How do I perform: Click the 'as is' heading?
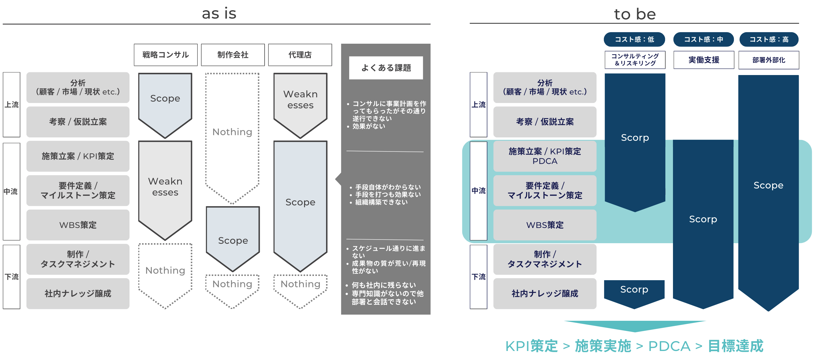(x=219, y=14)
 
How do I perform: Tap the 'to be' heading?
(x=635, y=14)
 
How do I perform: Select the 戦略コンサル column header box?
(x=166, y=55)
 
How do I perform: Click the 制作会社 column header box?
(x=233, y=55)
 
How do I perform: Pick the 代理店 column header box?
(x=300, y=55)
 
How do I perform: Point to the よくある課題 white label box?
(x=386, y=68)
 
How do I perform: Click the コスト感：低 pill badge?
(x=634, y=39)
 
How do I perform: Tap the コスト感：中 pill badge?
(x=703, y=39)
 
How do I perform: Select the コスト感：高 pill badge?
(x=769, y=39)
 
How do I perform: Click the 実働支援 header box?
(x=704, y=60)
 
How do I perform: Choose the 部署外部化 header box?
(x=769, y=60)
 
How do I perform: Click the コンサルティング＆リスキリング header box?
(x=635, y=60)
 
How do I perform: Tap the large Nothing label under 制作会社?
(x=232, y=132)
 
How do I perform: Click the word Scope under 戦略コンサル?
(x=165, y=98)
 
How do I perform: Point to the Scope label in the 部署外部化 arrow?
(x=768, y=185)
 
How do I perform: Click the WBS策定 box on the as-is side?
(x=78, y=225)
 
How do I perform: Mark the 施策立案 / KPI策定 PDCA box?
(x=545, y=156)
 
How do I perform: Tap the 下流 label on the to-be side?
(x=478, y=277)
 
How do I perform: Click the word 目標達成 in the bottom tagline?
(x=735, y=346)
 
